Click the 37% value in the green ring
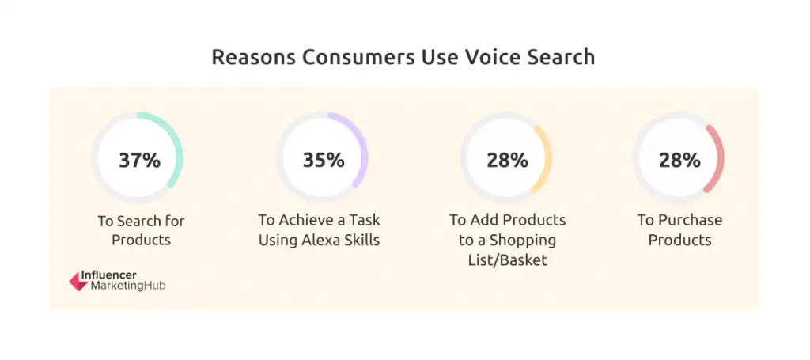[139, 160]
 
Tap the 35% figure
[324, 160]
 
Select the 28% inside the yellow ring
[507, 160]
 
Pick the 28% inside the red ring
[679, 160]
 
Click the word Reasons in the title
[254, 57]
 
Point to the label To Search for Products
[141, 230]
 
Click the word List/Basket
[508, 260]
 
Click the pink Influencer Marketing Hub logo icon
[79, 281]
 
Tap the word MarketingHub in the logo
[128, 286]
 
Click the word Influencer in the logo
[108, 275]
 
